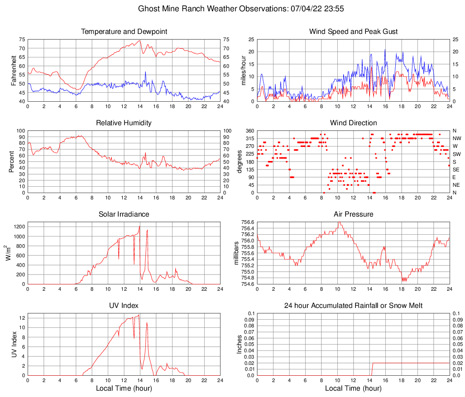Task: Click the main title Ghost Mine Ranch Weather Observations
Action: click(x=232, y=9)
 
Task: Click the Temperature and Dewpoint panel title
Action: click(x=124, y=32)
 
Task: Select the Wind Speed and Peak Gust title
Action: click(x=353, y=32)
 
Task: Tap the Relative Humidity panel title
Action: click(x=124, y=123)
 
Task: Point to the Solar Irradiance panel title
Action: click(x=124, y=214)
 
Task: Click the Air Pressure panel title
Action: click(x=353, y=214)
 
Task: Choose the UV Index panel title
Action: click(x=124, y=305)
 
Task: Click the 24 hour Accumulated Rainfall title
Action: click(x=353, y=306)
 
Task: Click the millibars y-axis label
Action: click(x=235, y=253)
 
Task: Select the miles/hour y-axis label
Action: click(x=243, y=71)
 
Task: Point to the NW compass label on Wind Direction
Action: click(x=456, y=138)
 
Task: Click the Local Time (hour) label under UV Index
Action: click(x=124, y=388)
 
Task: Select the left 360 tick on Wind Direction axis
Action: click(x=249, y=131)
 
